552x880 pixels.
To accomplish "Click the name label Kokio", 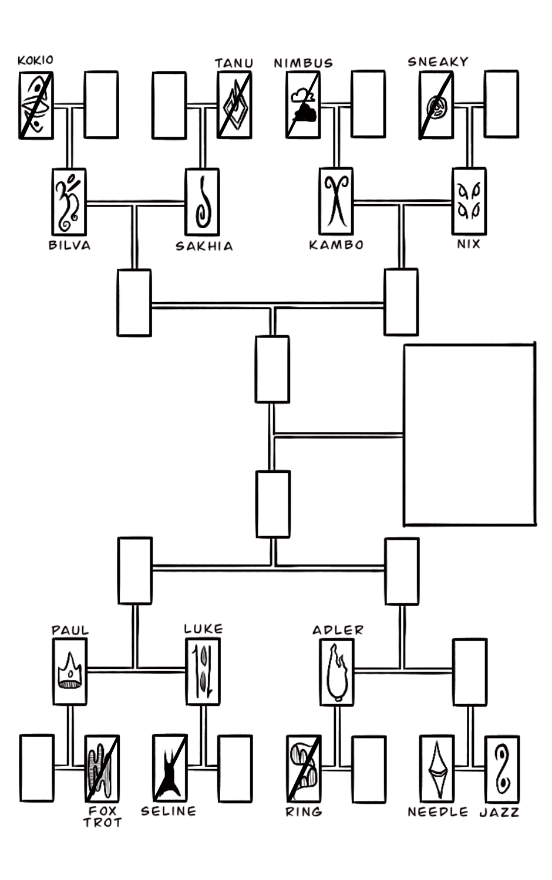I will (35, 60).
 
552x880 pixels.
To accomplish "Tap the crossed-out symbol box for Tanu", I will (234, 105).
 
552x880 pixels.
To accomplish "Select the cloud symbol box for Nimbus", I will (303, 105).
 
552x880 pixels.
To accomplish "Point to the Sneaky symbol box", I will (436, 106).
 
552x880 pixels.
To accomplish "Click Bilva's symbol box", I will (69, 202).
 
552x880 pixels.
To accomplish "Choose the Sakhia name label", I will (204, 246).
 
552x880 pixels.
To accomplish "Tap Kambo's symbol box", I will (336, 201).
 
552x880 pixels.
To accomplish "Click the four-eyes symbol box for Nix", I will (469, 201).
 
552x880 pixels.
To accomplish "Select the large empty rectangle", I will (469, 435).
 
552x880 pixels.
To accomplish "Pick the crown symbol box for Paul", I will (70, 671).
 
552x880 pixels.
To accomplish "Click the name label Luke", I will (203, 629).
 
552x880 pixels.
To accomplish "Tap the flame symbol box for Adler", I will (337, 672).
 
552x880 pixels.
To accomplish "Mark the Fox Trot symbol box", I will (102, 768).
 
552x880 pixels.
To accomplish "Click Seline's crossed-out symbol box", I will (169, 768).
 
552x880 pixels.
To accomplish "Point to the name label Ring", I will (304, 812).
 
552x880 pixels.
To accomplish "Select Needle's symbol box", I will (437, 769).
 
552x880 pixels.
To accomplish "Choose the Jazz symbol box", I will (501, 769).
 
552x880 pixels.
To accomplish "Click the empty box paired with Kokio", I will (102, 105).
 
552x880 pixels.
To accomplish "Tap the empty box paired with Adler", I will (470, 672).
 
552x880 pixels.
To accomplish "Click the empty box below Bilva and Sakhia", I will (134, 303).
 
